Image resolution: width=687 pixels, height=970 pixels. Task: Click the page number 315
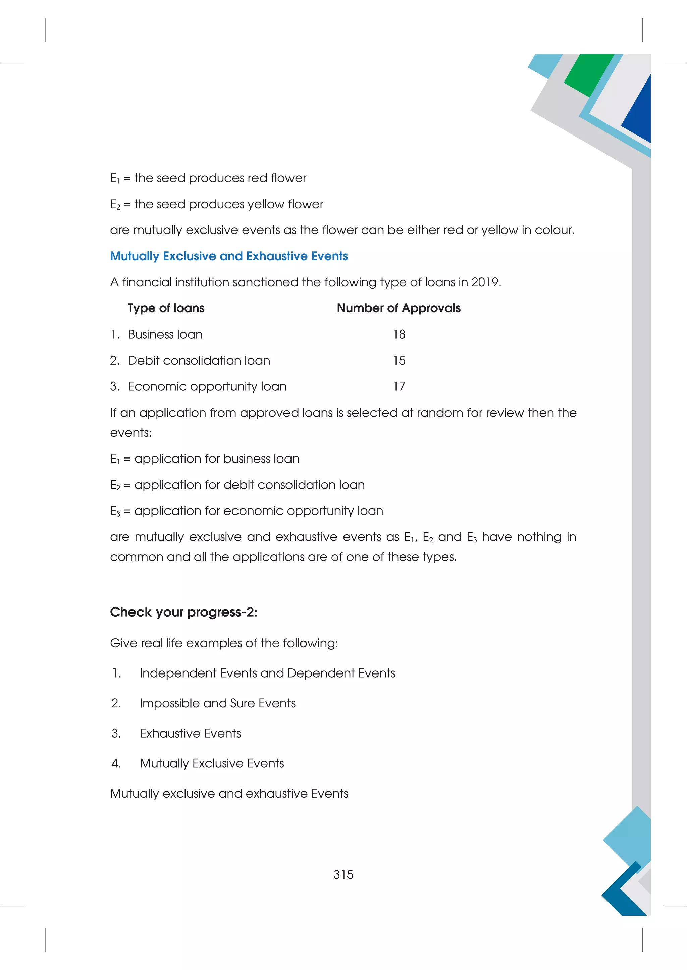click(343, 874)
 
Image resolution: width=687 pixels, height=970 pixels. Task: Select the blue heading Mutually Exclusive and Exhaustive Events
click(229, 256)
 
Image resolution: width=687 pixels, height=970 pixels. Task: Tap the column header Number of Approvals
click(399, 308)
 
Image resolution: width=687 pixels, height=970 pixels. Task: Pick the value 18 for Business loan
click(399, 334)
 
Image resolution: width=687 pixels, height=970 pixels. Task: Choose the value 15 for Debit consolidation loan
click(399, 361)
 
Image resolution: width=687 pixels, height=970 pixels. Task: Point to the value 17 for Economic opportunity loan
click(399, 386)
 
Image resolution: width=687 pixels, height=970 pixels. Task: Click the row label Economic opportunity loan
click(207, 386)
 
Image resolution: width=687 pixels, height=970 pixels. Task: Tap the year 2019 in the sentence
click(485, 282)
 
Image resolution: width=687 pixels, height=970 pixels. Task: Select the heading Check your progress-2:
click(183, 612)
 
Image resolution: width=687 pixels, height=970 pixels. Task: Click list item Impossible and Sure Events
click(217, 703)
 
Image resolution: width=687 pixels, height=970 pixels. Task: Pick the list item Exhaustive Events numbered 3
click(190, 733)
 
